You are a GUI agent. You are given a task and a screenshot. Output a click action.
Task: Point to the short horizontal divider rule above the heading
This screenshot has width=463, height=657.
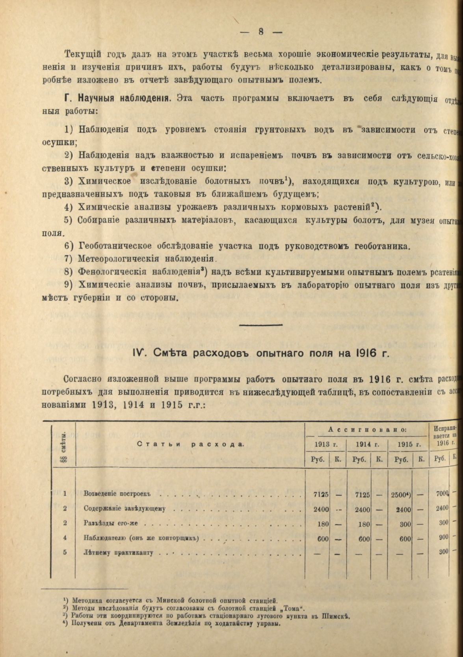[x=261, y=325]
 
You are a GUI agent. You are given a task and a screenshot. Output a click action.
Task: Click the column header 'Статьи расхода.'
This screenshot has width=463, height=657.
[x=191, y=444]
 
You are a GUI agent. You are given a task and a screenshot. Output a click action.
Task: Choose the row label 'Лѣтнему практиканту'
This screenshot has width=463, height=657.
[x=118, y=552]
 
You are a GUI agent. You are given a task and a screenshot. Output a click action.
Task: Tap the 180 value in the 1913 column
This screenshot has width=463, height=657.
[x=323, y=524]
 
